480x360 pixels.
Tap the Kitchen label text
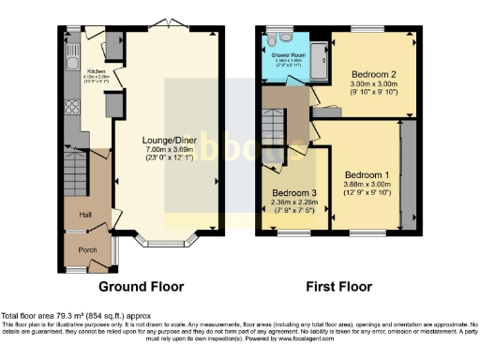coord(96,70)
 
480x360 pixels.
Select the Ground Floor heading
coord(142,287)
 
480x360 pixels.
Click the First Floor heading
coord(337,287)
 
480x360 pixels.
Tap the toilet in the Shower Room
coord(269,41)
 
